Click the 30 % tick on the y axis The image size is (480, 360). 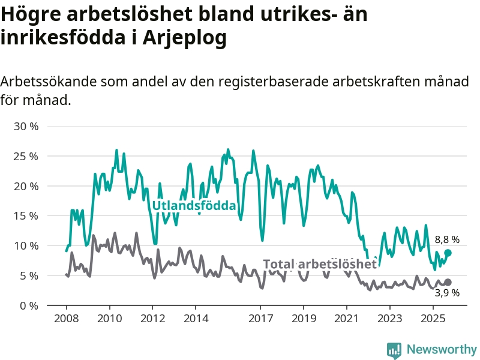coord(26,127)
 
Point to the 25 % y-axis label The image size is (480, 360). coord(26,156)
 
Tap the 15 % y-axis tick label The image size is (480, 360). coord(26,216)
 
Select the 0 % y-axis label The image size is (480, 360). coord(29,305)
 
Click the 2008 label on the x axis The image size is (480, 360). coord(65,318)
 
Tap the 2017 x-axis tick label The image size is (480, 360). coord(260,318)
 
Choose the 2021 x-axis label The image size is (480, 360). coord(347,318)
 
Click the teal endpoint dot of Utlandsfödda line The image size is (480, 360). coord(448,253)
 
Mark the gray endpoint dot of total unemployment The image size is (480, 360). coord(448,282)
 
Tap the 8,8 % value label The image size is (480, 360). coord(447,239)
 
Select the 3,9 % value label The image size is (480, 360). coord(447,293)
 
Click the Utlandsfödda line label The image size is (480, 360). coord(194,206)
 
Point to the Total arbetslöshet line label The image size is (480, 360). coord(320,264)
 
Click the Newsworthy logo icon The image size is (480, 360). coord(394,350)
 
